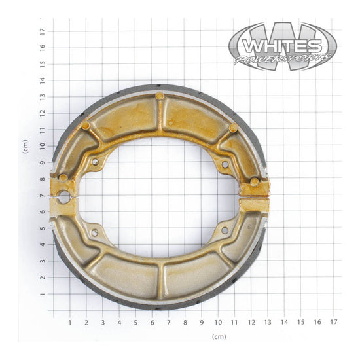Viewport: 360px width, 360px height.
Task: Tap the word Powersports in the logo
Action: (283, 60)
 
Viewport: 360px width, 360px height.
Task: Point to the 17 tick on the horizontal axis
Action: (334, 322)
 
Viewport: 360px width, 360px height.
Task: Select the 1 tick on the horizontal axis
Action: (70, 322)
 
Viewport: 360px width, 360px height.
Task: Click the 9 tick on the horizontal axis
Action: (202, 322)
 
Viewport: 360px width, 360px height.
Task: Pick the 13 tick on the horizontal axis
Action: (268, 322)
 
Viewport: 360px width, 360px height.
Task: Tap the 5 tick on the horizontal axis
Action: (135, 322)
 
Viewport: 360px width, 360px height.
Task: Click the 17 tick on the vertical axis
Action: (42, 31)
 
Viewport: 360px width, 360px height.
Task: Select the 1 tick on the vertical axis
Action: (42, 294)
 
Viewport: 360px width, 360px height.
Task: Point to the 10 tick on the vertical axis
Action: (42, 146)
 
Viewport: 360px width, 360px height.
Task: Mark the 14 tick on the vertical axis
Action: (42, 80)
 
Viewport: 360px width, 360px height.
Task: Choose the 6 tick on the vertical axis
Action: (42, 212)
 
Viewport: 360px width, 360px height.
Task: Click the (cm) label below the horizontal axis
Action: (219, 336)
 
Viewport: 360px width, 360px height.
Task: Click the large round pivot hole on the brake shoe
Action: (64, 196)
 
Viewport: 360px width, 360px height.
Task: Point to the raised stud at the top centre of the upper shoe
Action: (160, 96)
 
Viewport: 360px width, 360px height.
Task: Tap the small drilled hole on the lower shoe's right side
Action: (225, 230)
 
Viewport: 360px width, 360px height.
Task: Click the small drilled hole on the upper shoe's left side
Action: (95, 161)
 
